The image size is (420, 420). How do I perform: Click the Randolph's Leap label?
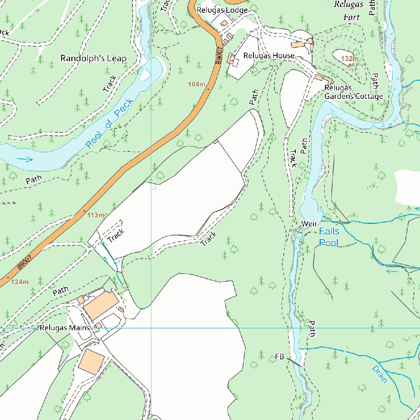tap(94, 58)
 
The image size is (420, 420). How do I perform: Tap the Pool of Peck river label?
tap(110, 123)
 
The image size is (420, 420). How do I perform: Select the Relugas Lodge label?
tap(222, 10)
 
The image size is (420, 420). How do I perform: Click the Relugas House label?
tap(269, 55)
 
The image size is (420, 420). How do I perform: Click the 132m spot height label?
tap(349, 59)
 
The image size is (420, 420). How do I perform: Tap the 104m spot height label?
tap(196, 84)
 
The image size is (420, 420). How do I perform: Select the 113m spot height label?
tap(96, 215)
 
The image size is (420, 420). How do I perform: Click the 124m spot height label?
tap(20, 282)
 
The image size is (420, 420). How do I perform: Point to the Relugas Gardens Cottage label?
tap(353, 92)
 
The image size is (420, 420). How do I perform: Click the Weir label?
tap(309, 224)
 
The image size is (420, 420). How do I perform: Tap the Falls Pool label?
tap(329, 237)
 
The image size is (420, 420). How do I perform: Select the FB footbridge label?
tap(280, 356)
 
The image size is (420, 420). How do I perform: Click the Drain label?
tap(379, 374)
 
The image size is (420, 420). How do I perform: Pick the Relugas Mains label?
tap(64, 328)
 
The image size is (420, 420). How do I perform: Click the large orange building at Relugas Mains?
tap(101, 305)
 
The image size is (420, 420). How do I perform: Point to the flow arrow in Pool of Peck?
tap(25, 159)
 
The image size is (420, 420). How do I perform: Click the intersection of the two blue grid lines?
tap(151, 328)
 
